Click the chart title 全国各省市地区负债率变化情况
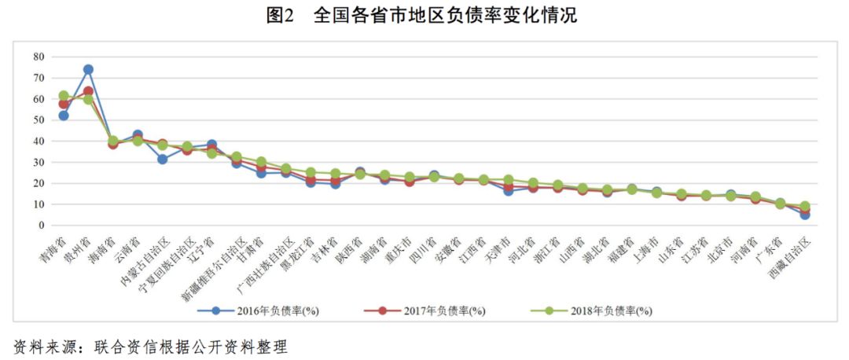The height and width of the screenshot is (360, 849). pos(445,16)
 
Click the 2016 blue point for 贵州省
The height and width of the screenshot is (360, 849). pos(88,70)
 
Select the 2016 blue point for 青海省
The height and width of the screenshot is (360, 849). pos(64,116)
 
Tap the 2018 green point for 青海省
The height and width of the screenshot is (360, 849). pos(64,96)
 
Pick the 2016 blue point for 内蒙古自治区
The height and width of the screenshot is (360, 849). pos(162,159)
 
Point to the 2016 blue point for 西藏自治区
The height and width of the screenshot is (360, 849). pos(804,214)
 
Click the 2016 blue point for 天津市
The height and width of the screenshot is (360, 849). pos(508,190)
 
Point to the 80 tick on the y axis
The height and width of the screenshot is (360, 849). pos(39,57)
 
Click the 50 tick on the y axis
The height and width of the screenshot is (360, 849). pos(39,120)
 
